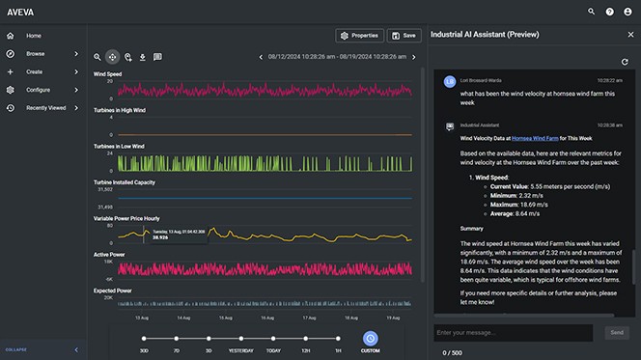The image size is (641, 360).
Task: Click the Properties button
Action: tap(359, 35)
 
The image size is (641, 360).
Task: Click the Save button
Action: tap(404, 35)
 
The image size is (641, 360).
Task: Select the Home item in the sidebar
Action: tap(34, 36)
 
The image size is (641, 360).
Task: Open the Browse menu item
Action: tap(36, 54)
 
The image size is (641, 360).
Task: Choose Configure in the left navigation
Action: tap(39, 90)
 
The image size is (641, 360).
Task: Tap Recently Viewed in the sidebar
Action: tap(46, 108)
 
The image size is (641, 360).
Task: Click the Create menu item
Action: tap(35, 71)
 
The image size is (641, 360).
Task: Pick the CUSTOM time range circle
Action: tap(370, 338)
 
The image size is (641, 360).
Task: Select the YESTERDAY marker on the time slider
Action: tap(240, 338)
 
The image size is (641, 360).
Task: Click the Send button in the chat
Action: tap(616, 332)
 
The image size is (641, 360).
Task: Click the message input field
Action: tap(513, 332)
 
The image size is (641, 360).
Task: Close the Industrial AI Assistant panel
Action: tap(629, 35)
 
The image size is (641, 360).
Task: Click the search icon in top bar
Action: tap(592, 11)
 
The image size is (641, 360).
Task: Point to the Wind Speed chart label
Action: tap(107, 73)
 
